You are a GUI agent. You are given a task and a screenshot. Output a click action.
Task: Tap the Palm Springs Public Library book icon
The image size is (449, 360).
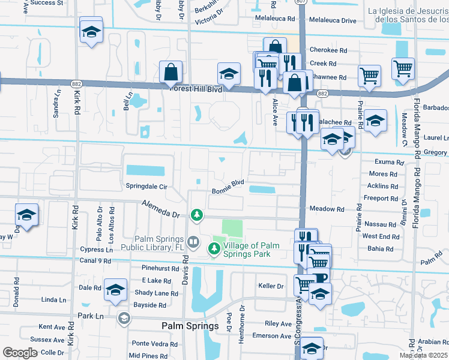193,242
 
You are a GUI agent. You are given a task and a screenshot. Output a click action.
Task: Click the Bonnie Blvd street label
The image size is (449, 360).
228,186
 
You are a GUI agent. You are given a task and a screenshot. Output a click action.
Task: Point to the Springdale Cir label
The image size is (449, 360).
146,187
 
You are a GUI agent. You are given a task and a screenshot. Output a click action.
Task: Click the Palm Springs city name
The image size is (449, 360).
190,326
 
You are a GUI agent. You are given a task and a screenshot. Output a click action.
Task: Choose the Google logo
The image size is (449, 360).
20,353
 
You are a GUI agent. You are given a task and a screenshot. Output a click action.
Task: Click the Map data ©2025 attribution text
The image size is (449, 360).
424,355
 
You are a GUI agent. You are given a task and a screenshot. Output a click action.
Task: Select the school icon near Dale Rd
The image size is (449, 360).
115,289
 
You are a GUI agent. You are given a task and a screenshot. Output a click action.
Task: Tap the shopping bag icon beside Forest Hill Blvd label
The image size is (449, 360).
171,72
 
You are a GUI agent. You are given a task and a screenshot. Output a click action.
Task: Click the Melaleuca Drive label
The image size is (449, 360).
332,21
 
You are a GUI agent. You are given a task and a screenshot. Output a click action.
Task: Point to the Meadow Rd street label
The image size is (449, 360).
327,209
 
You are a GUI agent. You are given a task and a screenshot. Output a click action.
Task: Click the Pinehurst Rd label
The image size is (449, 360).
160,269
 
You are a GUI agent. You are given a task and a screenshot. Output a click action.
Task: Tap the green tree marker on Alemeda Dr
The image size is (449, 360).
196,214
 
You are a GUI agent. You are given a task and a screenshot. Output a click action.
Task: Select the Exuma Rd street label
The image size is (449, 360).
388,163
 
